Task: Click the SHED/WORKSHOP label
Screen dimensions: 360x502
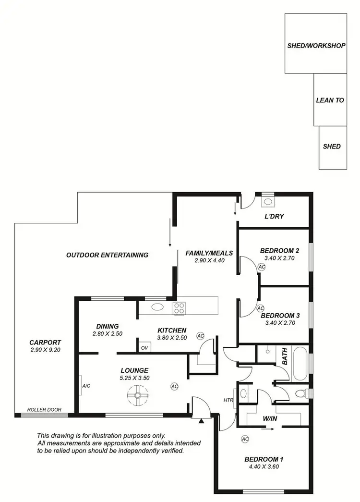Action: tap(316, 46)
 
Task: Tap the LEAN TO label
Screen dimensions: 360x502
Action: tap(330, 100)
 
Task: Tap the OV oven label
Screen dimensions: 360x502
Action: tap(144, 347)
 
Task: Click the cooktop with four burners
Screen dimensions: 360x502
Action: tap(180, 308)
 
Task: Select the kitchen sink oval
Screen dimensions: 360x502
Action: tap(156, 307)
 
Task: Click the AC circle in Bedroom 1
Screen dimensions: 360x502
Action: tap(245, 439)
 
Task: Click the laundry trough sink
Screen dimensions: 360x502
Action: tap(267, 202)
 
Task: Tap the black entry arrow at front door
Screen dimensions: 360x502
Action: tap(202, 421)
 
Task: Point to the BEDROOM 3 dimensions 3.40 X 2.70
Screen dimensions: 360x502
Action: tap(279, 323)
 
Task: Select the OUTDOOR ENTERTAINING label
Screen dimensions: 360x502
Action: tap(107, 255)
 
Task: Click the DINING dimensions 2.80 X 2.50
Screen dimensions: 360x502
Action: tap(106, 333)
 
